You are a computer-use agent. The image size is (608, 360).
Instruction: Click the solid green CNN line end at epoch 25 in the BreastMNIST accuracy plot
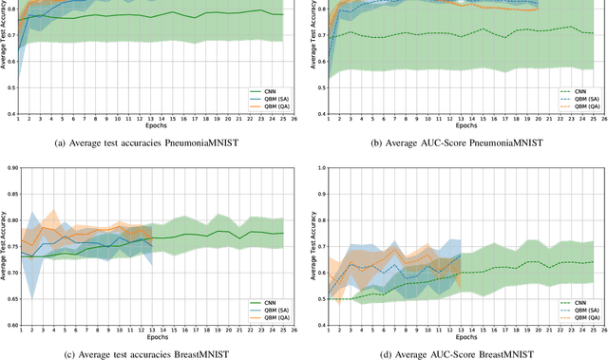[282, 234]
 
